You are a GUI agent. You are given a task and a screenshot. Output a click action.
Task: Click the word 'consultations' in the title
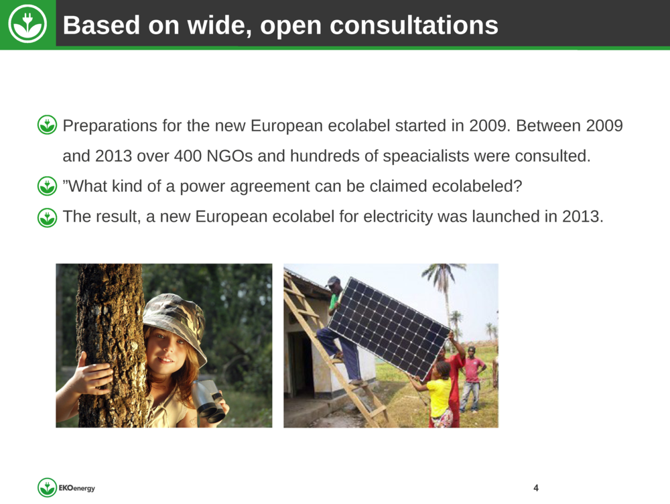pos(413,25)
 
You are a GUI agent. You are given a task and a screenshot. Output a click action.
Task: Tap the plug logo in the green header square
pos(27,24)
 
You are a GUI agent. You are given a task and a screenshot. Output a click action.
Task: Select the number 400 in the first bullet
pos(188,156)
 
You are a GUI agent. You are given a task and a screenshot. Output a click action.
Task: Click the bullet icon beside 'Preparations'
pos(47,125)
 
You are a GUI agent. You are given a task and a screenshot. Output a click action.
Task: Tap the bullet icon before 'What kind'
pos(47,186)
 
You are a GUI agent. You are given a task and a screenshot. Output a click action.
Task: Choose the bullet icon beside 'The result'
pos(47,218)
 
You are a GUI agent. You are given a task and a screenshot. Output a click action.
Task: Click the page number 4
pos(536,488)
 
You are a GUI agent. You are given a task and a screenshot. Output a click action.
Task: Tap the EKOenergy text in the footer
pos(76,488)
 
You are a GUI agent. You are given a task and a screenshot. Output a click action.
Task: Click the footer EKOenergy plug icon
pos(47,487)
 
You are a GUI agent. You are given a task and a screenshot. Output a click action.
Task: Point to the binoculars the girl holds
pos(208,401)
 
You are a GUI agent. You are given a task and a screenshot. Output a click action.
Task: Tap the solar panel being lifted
pos(389,328)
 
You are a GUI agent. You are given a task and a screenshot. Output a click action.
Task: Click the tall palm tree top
pos(443,273)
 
